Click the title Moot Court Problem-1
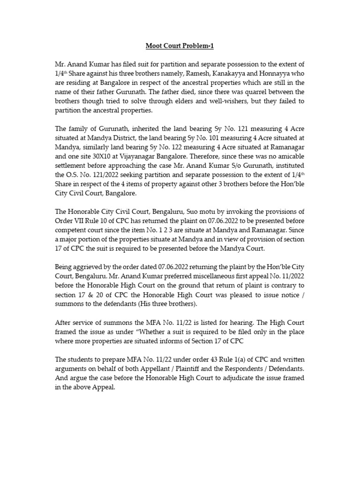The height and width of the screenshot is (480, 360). (x=180, y=46)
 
